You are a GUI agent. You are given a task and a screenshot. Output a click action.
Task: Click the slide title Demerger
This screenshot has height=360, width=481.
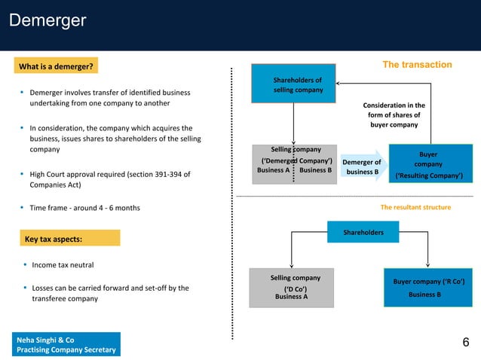(47, 20)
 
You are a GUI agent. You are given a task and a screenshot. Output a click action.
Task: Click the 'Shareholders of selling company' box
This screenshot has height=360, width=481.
(297, 84)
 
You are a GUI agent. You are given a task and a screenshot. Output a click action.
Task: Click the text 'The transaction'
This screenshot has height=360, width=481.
(417, 65)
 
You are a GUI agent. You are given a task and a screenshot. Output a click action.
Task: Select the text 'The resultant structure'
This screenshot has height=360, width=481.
(415, 206)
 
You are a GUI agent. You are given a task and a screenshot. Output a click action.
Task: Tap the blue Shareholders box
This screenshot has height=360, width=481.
(363, 233)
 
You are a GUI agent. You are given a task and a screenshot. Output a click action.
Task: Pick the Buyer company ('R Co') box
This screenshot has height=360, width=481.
(428, 287)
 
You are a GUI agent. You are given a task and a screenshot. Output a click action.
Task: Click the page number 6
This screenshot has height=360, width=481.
(465, 343)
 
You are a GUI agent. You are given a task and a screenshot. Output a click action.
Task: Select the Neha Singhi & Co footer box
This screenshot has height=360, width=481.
(65, 345)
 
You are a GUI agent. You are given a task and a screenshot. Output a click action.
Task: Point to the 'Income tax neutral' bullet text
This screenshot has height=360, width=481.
(63, 265)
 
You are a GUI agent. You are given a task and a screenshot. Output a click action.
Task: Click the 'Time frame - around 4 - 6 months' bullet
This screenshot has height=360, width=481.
(84, 207)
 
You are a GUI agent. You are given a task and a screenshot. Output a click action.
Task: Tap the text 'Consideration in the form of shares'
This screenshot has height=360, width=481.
(394, 115)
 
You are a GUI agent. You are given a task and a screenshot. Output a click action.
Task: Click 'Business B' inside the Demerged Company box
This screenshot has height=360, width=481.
(315, 170)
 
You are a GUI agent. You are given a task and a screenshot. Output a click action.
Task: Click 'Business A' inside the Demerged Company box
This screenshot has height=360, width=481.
(273, 170)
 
